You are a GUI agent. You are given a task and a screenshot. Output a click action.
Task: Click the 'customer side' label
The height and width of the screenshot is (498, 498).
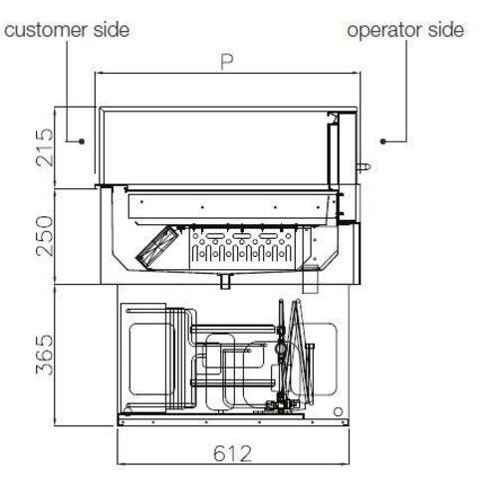[x=67, y=30]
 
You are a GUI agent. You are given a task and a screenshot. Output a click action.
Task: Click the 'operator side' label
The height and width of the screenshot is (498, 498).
[x=404, y=30]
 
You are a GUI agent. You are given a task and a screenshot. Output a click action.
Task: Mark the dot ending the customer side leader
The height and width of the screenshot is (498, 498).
[x=87, y=142]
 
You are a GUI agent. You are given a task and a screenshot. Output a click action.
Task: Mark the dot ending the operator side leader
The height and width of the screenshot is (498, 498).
[x=381, y=142]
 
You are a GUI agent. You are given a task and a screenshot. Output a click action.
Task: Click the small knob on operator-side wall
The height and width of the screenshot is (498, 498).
[x=366, y=159]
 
